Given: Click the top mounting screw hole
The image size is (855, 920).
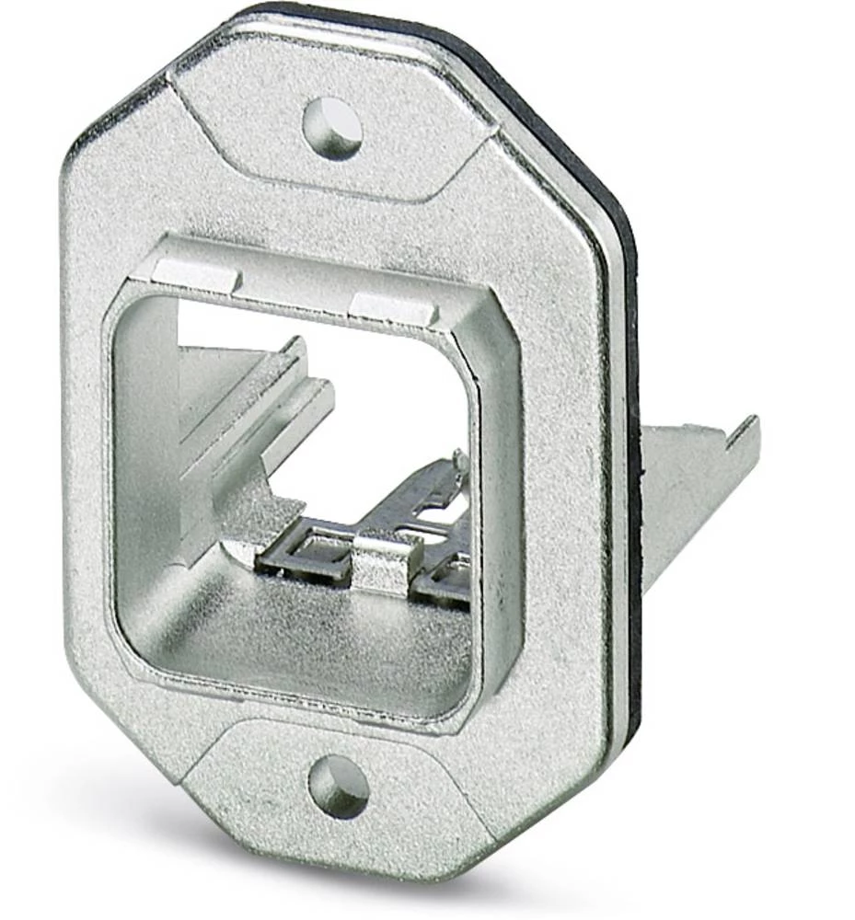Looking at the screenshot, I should pos(332,126).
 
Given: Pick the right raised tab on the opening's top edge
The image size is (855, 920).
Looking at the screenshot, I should pos(395,311).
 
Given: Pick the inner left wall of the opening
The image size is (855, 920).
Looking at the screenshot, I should pos(147,460).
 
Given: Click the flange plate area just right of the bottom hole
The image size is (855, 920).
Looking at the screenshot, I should pos(423,800).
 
